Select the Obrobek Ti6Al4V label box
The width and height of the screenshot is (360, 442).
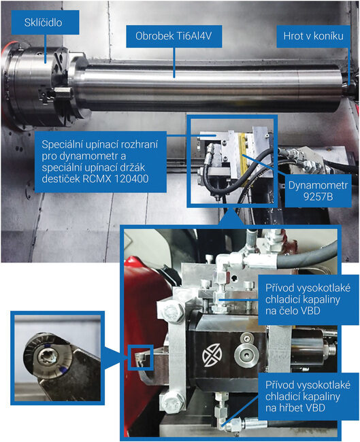[174, 36]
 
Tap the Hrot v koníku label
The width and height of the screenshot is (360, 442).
[313, 36]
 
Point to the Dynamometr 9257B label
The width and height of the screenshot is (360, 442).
[318, 191]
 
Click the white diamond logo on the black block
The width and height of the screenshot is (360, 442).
[212, 355]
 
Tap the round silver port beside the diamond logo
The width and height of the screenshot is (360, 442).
[246, 352]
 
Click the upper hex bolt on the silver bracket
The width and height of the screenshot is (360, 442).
[171, 311]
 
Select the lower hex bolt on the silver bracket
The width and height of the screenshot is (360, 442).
[170, 401]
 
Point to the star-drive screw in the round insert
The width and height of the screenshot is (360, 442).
[49, 354]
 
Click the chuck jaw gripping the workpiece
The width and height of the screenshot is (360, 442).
[61, 92]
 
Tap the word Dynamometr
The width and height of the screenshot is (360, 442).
[318, 186]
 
